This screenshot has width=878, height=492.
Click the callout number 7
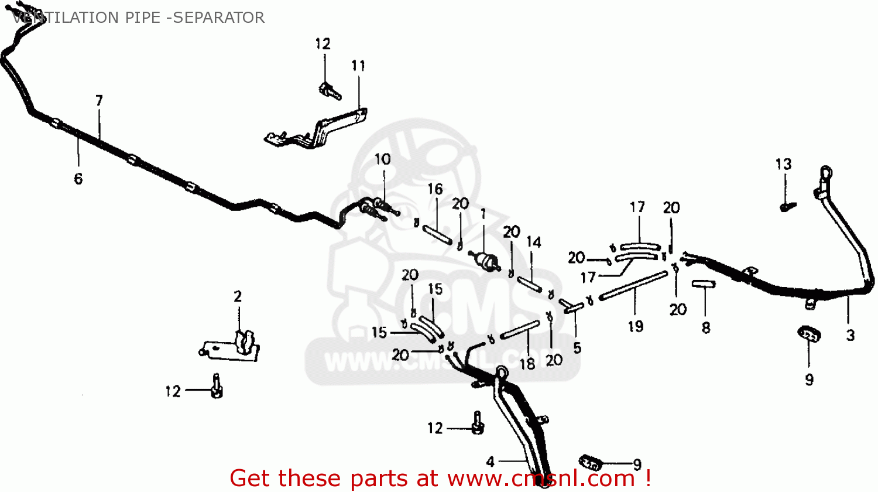pyautogui.click(x=99, y=101)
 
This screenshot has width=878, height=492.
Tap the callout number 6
pyautogui.click(x=78, y=179)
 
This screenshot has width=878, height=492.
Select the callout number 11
pyautogui.click(x=358, y=66)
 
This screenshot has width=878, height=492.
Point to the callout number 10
pyautogui.click(x=382, y=159)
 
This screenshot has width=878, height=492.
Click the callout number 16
pyautogui.click(x=435, y=189)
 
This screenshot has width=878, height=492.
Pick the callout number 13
pyautogui.click(x=783, y=165)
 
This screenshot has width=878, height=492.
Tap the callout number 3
pyautogui.click(x=850, y=335)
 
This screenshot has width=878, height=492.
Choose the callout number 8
pyautogui.click(x=706, y=328)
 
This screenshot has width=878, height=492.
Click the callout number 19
pyautogui.click(x=636, y=326)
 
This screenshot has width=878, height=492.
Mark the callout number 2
pyautogui.click(x=238, y=296)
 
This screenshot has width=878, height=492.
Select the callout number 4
pyautogui.click(x=490, y=462)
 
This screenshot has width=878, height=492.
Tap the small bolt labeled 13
pyautogui.click(x=786, y=206)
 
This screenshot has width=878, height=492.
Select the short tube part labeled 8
pyautogui.click(x=704, y=284)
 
